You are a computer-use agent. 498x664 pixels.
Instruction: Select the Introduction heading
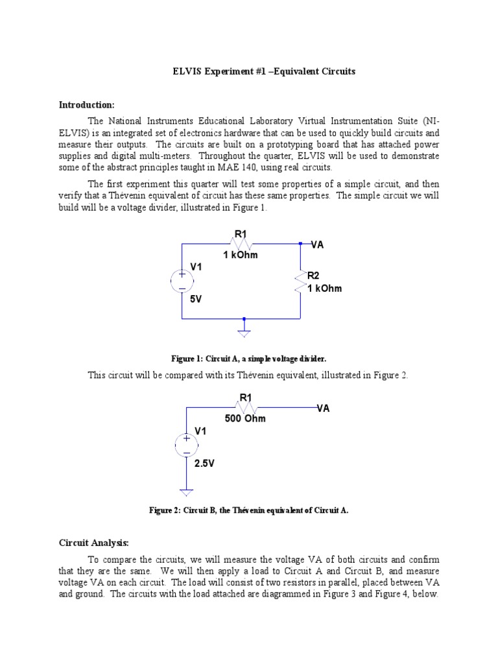(x=87, y=104)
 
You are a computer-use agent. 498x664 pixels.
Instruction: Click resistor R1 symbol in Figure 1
(x=241, y=244)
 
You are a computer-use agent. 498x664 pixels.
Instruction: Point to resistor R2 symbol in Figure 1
(x=300, y=281)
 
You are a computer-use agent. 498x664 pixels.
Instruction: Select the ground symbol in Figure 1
(x=244, y=331)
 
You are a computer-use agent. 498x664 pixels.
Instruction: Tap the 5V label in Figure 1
(x=196, y=300)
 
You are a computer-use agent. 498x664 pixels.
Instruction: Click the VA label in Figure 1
(x=318, y=244)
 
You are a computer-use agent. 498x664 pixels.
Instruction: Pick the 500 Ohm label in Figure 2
(x=245, y=419)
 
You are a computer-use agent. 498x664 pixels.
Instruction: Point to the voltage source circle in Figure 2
(x=186, y=445)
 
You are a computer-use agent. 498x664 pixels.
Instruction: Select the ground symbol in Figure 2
(x=186, y=492)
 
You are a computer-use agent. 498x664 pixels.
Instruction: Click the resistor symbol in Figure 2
(x=246, y=407)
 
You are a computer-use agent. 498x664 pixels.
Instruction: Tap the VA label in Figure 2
(x=323, y=408)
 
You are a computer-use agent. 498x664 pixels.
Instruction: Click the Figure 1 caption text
(x=249, y=359)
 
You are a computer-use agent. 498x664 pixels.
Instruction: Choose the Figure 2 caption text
(x=249, y=510)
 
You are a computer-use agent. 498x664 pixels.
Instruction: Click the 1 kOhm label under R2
(x=324, y=289)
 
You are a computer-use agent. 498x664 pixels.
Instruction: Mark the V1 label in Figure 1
(x=196, y=267)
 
